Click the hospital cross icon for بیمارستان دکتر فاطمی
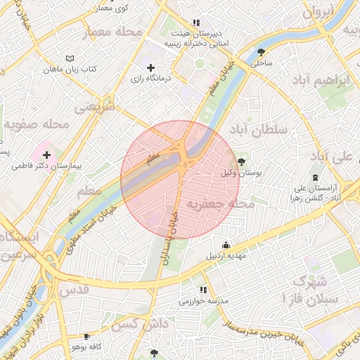[46, 154]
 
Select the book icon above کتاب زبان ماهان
[68, 58]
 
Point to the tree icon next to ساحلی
[262, 51]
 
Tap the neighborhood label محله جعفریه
[220, 204]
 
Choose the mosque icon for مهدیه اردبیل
[225, 245]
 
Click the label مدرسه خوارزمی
[203, 301]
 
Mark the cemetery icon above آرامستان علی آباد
[315, 177]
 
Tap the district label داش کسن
[132, 324]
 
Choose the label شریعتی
[94, 107]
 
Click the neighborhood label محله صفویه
[36, 124]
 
